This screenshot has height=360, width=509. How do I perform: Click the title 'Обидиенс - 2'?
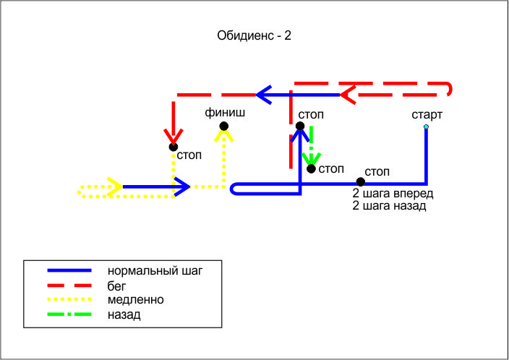[254, 35]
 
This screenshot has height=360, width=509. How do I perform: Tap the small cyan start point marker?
[426, 127]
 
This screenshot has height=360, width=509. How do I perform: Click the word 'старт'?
[427, 115]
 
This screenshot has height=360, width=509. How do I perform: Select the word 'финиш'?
[225, 112]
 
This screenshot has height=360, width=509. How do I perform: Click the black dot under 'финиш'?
[223, 126]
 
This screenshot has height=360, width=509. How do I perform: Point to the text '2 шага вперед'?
[393, 193]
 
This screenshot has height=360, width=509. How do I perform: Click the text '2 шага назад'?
[389, 206]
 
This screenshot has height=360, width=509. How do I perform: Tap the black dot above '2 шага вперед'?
[360, 181]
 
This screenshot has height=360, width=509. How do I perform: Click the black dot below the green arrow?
[311, 169]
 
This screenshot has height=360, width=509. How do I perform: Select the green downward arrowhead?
[312, 158]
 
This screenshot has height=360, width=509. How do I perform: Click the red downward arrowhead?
[174, 137]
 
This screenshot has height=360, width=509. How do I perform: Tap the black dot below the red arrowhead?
[174, 147]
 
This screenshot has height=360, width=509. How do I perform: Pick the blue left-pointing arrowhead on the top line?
[264, 95]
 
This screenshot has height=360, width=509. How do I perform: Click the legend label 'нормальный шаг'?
[155, 271]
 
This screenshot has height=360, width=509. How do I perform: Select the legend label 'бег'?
[116, 286]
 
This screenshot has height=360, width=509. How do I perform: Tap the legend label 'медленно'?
[135, 299]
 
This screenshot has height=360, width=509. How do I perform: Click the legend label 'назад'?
[124, 314]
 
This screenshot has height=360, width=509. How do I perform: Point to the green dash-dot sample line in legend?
[69, 314]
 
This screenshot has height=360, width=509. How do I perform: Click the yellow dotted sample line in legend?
[69, 299]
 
